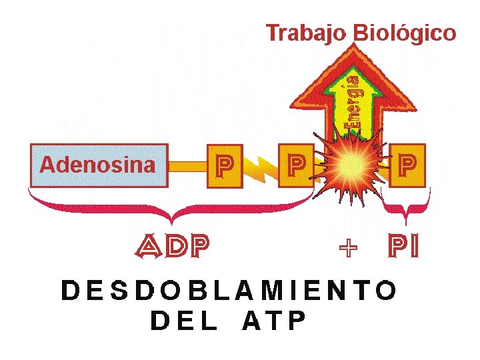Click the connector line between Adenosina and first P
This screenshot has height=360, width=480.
tap(187, 164)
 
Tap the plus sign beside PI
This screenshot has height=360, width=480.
tap(348, 249)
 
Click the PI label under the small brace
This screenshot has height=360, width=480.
tap(405, 247)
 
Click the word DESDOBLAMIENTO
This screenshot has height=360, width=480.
tap(229, 291)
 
